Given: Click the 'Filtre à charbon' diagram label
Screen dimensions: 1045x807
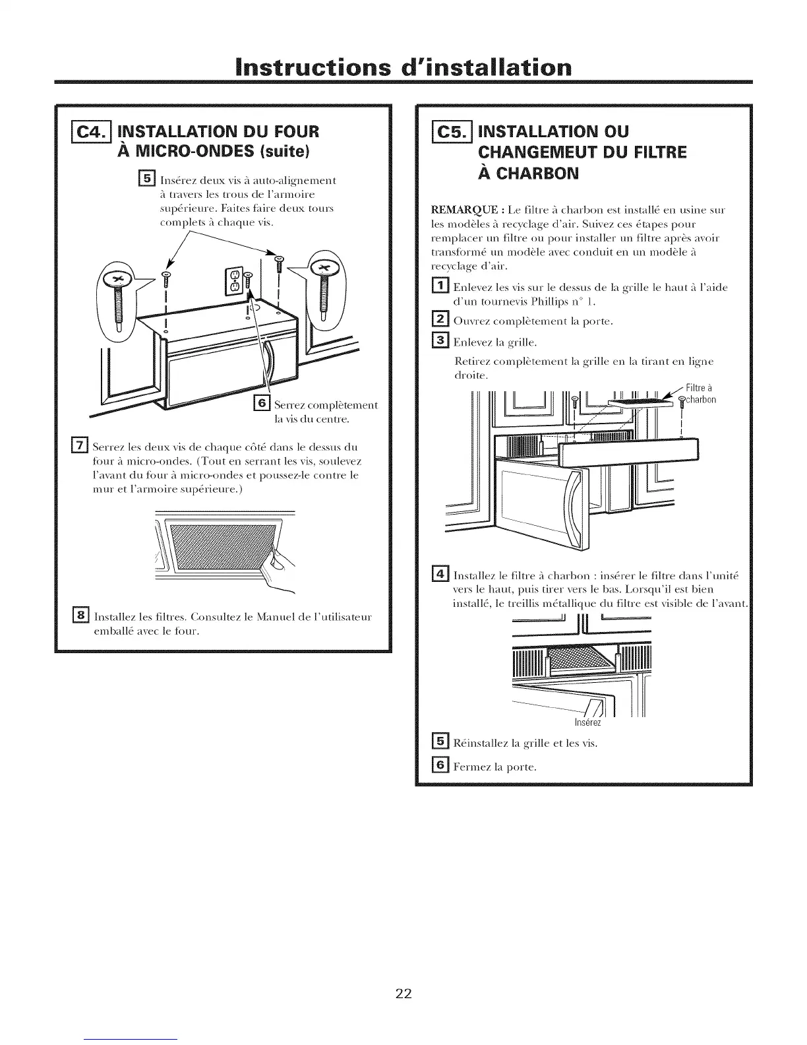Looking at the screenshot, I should (700, 394).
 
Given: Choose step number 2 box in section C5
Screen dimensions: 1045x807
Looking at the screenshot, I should (439, 321).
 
